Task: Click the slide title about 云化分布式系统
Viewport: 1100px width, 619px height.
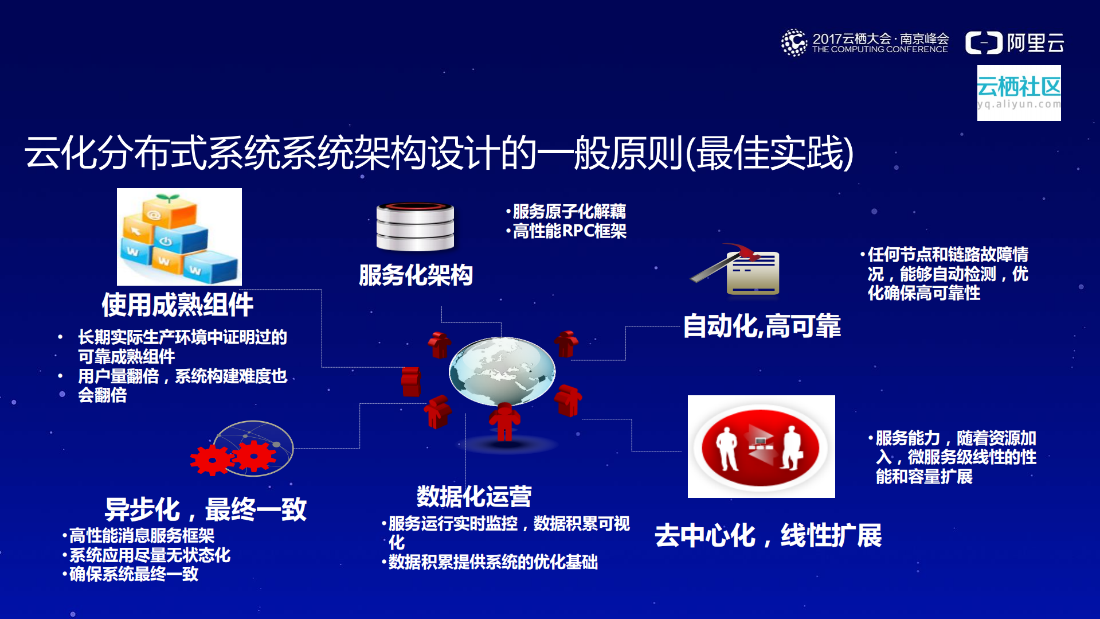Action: pos(439,153)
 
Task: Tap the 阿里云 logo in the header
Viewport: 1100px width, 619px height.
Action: pos(1015,43)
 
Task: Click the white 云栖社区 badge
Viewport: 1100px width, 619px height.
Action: pos(1019,92)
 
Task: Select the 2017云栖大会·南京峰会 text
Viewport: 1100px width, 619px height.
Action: pos(880,39)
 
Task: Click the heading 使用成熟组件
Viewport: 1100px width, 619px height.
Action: pos(178,305)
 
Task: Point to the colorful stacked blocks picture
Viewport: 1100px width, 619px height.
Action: pos(179,237)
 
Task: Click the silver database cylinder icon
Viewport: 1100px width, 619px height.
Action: pos(415,227)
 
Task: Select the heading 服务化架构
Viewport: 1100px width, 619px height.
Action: pos(416,275)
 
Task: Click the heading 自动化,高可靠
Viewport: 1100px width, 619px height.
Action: pos(762,326)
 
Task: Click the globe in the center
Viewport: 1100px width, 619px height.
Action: pos(502,371)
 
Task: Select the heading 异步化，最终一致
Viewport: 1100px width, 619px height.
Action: pos(206,509)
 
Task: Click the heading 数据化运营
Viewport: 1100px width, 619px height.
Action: pos(474,496)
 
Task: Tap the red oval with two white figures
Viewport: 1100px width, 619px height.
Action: pos(761,447)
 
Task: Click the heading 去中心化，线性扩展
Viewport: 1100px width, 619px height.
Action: pos(768,535)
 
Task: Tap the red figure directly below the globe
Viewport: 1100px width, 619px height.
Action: pos(504,422)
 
